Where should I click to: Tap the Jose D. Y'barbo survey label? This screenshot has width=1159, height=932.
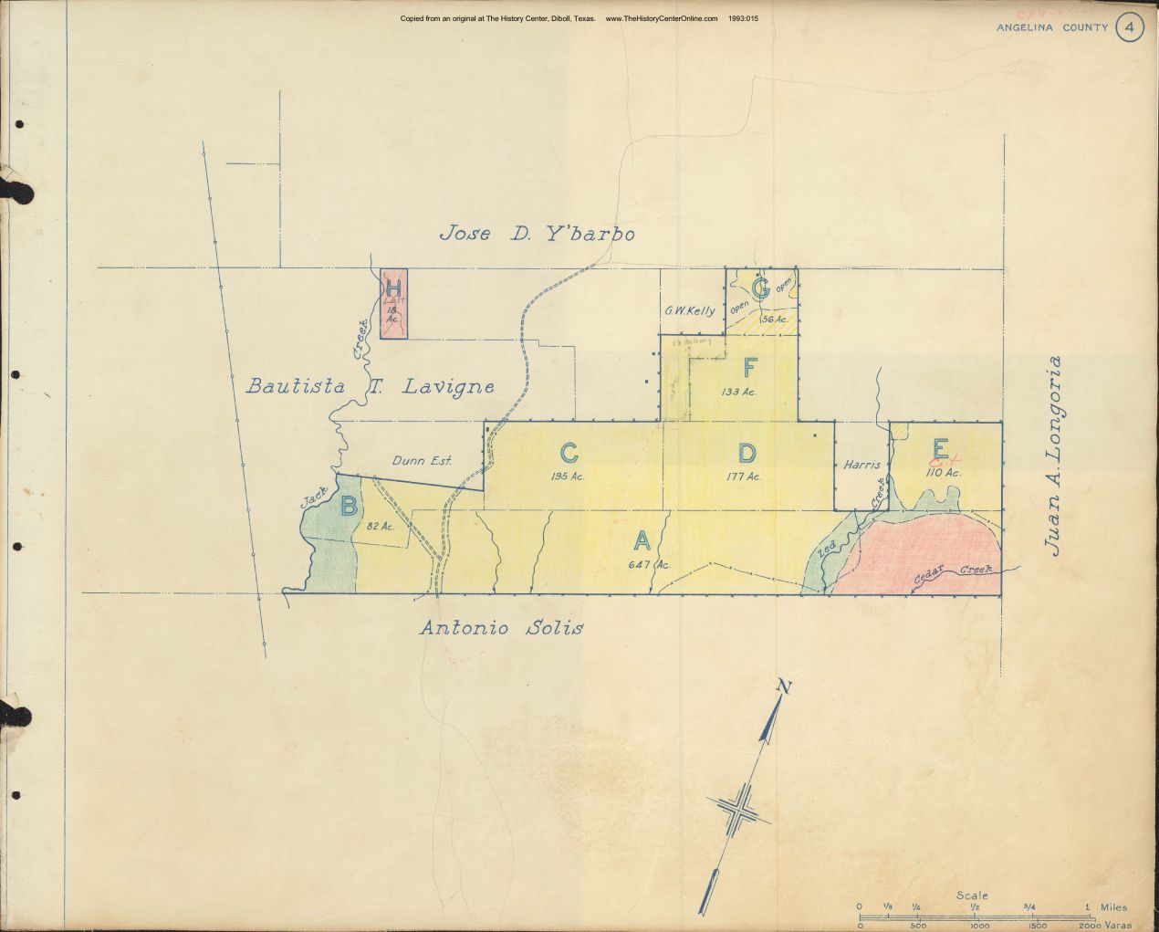tap(537, 234)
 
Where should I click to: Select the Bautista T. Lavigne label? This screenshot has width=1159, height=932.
tap(371, 386)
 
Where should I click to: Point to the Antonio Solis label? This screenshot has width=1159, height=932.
tap(501, 628)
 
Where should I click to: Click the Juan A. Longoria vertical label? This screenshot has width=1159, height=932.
tap(1056, 456)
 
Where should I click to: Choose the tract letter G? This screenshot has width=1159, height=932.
tap(760, 288)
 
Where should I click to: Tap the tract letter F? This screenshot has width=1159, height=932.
tap(749, 369)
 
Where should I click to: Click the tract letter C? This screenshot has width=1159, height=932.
tap(569, 453)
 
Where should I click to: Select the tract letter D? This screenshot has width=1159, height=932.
tap(747, 454)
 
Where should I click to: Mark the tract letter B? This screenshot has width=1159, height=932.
tap(348, 505)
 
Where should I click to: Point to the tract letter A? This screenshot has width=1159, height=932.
tap(642, 541)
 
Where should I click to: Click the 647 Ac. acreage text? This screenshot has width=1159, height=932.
tap(649, 565)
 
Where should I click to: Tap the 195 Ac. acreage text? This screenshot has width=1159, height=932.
tap(567, 476)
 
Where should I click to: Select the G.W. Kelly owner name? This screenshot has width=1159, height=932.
tap(689, 310)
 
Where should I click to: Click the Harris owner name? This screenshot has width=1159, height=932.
tap(861, 465)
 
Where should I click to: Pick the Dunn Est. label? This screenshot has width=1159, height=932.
tap(423, 461)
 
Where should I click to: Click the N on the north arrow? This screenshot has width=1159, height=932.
tap(782, 687)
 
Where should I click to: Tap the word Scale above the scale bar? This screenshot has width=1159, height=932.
tap(972, 895)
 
